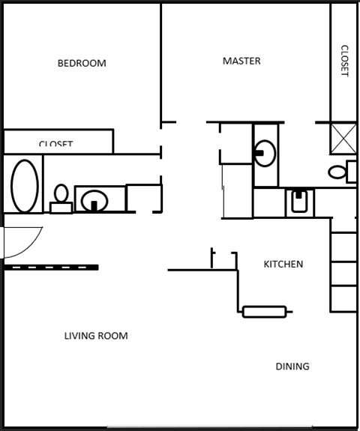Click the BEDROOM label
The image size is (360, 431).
click(82, 64)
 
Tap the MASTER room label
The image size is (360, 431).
click(241, 61)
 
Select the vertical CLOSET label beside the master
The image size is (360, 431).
click(344, 61)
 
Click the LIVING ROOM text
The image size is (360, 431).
click(96, 336)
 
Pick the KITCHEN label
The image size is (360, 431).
click(283, 265)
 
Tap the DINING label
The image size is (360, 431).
click(292, 367)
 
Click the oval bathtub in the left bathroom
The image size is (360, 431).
click(24, 185)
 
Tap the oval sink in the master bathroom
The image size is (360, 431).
click(264, 153)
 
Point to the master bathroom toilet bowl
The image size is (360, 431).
click(337, 172)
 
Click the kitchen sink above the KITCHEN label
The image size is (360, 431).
click(298, 202)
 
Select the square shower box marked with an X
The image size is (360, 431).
click(343, 138)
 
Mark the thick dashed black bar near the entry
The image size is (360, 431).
click(51, 267)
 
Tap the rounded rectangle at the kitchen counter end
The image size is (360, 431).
click(264, 311)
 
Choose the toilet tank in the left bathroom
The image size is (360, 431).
click(61, 208)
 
